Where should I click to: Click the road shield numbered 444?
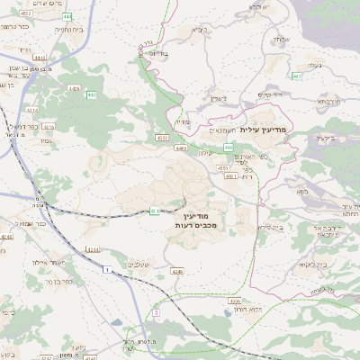point(229,147)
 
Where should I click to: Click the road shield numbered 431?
point(155,211)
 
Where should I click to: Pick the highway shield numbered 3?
point(156,311)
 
